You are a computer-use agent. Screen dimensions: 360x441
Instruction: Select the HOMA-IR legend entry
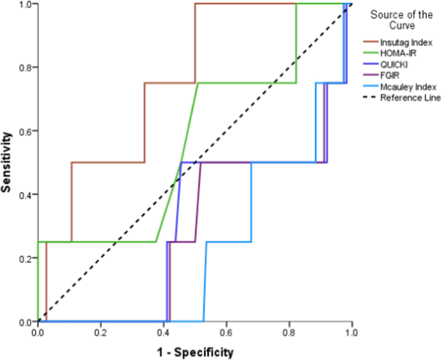click(x=395, y=53)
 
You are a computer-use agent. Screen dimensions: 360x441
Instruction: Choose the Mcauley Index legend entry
click(x=404, y=86)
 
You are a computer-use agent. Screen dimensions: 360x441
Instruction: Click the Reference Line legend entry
click(x=406, y=98)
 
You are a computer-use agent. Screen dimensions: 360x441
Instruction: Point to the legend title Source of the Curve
click(x=399, y=20)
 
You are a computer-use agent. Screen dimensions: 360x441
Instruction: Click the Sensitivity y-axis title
click(x=8, y=163)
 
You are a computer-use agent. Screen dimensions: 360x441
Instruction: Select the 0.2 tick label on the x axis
click(x=100, y=334)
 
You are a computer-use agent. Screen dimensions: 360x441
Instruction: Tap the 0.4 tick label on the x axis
click(x=163, y=334)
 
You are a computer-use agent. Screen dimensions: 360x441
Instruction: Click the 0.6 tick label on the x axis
click(x=226, y=334)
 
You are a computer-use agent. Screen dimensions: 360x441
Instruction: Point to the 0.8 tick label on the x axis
click(x=288, y=334)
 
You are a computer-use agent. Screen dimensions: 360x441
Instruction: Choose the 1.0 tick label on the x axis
click(x=351, y=334)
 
